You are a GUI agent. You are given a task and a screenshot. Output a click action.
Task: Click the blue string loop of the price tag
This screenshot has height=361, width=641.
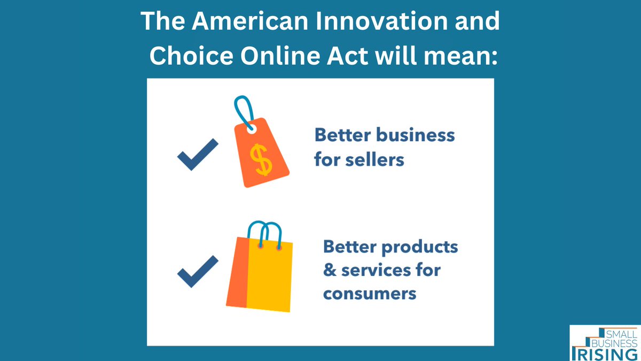point(244,110)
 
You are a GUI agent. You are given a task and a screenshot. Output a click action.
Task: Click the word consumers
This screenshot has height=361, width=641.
point(370,294)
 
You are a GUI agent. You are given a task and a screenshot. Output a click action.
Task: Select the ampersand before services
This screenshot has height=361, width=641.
point(330,270)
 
